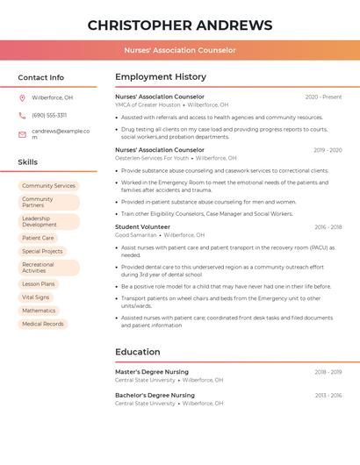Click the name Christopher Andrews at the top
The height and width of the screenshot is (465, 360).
[x=180, y=25]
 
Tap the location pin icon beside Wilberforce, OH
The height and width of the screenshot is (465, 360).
[x=22, y=97]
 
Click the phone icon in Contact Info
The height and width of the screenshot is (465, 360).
[x=22, y=115]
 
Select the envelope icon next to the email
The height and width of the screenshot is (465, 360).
[x=22, y=134]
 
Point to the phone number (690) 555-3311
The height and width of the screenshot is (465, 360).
[x=49, y=115]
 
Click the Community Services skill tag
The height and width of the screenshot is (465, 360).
[x=48, y=186]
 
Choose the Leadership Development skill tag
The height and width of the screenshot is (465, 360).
[x=40, y=222]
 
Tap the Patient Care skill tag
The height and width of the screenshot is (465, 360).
[x=38, y=238]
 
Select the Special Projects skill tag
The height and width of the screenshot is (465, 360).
[x=42, y=252]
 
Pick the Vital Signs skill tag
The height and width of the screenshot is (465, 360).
[x=36, y=297]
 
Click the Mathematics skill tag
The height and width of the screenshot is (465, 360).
[x=39, y=311]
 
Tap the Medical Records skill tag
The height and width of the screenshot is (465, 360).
[x=43, y=324]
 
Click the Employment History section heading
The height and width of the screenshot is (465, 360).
[x=161, y=76]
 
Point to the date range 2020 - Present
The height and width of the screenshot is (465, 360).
[x=323, y=97]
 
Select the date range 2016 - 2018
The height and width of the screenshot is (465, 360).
[x=328, y=227]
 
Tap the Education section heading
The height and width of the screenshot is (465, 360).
[x=138, y=352]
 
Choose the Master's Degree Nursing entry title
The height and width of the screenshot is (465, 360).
[x=152, y=372]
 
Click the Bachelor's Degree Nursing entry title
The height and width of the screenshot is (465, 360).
[x=155, y=396]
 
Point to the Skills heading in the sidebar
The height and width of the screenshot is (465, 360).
[x=28, y=162]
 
